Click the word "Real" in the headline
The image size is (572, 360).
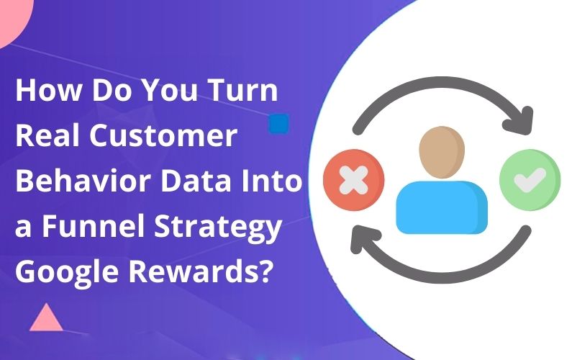(44, 137)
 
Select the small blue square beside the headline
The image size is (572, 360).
(278, 123)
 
